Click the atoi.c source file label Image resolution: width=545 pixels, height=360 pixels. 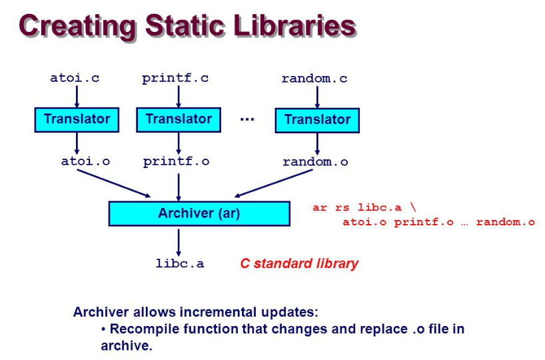[75, 78]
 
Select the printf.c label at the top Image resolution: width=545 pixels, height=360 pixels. [175, 78]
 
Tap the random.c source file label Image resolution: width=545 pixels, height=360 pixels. [314, 79]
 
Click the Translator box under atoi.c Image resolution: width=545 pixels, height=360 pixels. [77, 119]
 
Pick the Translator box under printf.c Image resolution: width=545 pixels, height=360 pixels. [178, 119]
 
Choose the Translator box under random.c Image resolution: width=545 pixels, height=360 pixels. [316, 120]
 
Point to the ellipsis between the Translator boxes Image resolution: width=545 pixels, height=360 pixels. [247, 119]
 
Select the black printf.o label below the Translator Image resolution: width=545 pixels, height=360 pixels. [176, 161]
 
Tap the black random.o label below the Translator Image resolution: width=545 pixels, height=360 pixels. [315, 161]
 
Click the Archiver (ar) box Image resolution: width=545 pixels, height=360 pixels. [199, 214]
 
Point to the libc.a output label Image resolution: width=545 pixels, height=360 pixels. [180, 263]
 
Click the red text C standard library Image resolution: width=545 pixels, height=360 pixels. [299, 263]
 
